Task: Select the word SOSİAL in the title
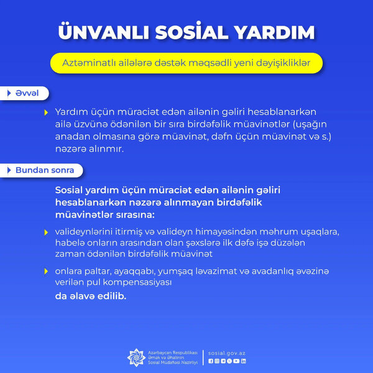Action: tap(189, 32)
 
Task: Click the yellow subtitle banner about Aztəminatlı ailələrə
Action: tap(186, 63)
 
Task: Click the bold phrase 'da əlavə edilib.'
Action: tap(90, 296)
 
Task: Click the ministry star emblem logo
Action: tap(136, 357)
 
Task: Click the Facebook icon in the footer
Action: tap(211, 361)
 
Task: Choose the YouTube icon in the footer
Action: tap(236, 361)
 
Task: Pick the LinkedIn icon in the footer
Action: tap(244, 361)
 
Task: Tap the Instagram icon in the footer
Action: tap(217, 361)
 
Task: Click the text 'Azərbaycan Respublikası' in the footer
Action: tap(172, 352)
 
